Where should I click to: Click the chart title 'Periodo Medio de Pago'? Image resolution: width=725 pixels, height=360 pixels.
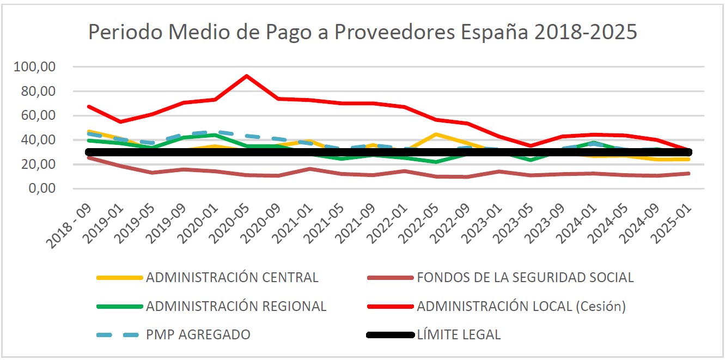pyautogui.click(x=362, y=32)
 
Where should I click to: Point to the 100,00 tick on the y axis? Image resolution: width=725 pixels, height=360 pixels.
pyautogui.click(x=37, y=67)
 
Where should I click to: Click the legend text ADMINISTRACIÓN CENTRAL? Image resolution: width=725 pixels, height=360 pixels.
pyautogui.click(x=232, y=277)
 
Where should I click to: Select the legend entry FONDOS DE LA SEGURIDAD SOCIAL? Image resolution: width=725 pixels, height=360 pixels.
pyautogui.click(x=525, y=277)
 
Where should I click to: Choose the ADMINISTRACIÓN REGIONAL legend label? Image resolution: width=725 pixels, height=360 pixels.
pyautogui.click(x=236, y=306)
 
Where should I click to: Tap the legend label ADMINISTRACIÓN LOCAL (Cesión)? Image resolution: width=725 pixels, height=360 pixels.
pyautogui.click(x=521, y=306)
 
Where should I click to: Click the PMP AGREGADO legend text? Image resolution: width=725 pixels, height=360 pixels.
pyautogui.click(x=198, y=334)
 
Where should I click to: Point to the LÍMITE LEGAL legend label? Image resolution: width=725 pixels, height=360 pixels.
pyautogui.click(x=458, y=334)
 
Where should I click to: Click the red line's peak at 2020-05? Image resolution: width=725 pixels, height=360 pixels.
pyautogui.click(x=247, y=76)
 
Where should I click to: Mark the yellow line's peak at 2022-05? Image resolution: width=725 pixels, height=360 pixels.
pyautogui.click(x=436, y=134)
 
